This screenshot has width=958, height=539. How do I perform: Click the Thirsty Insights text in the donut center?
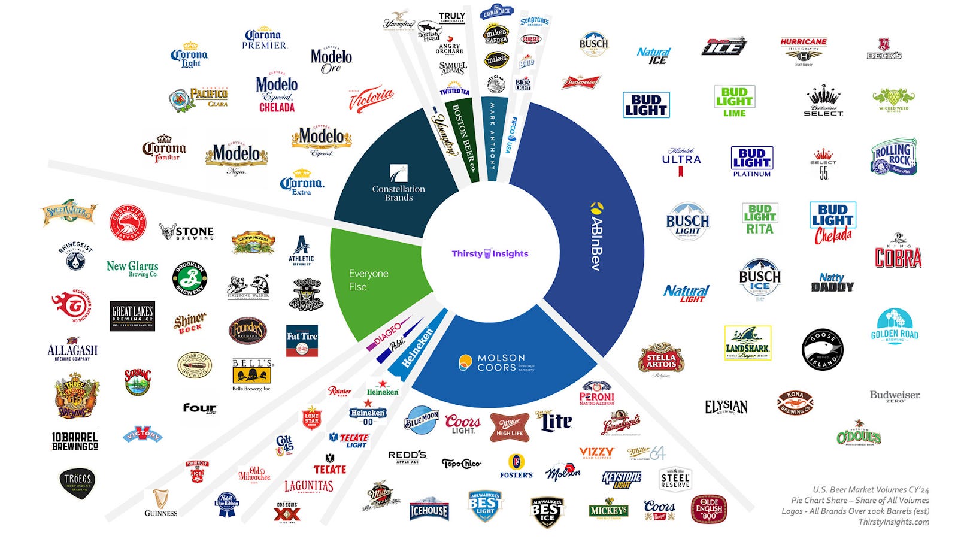pos(490,253)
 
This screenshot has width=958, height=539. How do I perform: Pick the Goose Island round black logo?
pos(822,349)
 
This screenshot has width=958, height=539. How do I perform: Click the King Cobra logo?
pos(898,252)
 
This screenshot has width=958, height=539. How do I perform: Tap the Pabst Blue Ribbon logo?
pos(227,504)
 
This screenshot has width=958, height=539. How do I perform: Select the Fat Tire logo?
pos(302,341)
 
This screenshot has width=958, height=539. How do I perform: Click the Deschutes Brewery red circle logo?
pos(128,223)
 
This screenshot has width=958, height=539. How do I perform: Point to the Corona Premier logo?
pos(265,39)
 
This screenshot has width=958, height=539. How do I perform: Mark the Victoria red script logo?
pos(371,99)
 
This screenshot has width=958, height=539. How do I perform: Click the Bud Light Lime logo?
pos(734,101)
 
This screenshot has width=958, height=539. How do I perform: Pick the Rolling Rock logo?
pos(893,157)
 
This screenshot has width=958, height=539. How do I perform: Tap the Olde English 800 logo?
pos(709,509)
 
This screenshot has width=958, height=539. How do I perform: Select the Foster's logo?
pos(516,466)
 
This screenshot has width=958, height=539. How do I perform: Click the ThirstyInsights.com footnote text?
pos(893,522)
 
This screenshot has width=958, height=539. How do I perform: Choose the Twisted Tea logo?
pos(454,90)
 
